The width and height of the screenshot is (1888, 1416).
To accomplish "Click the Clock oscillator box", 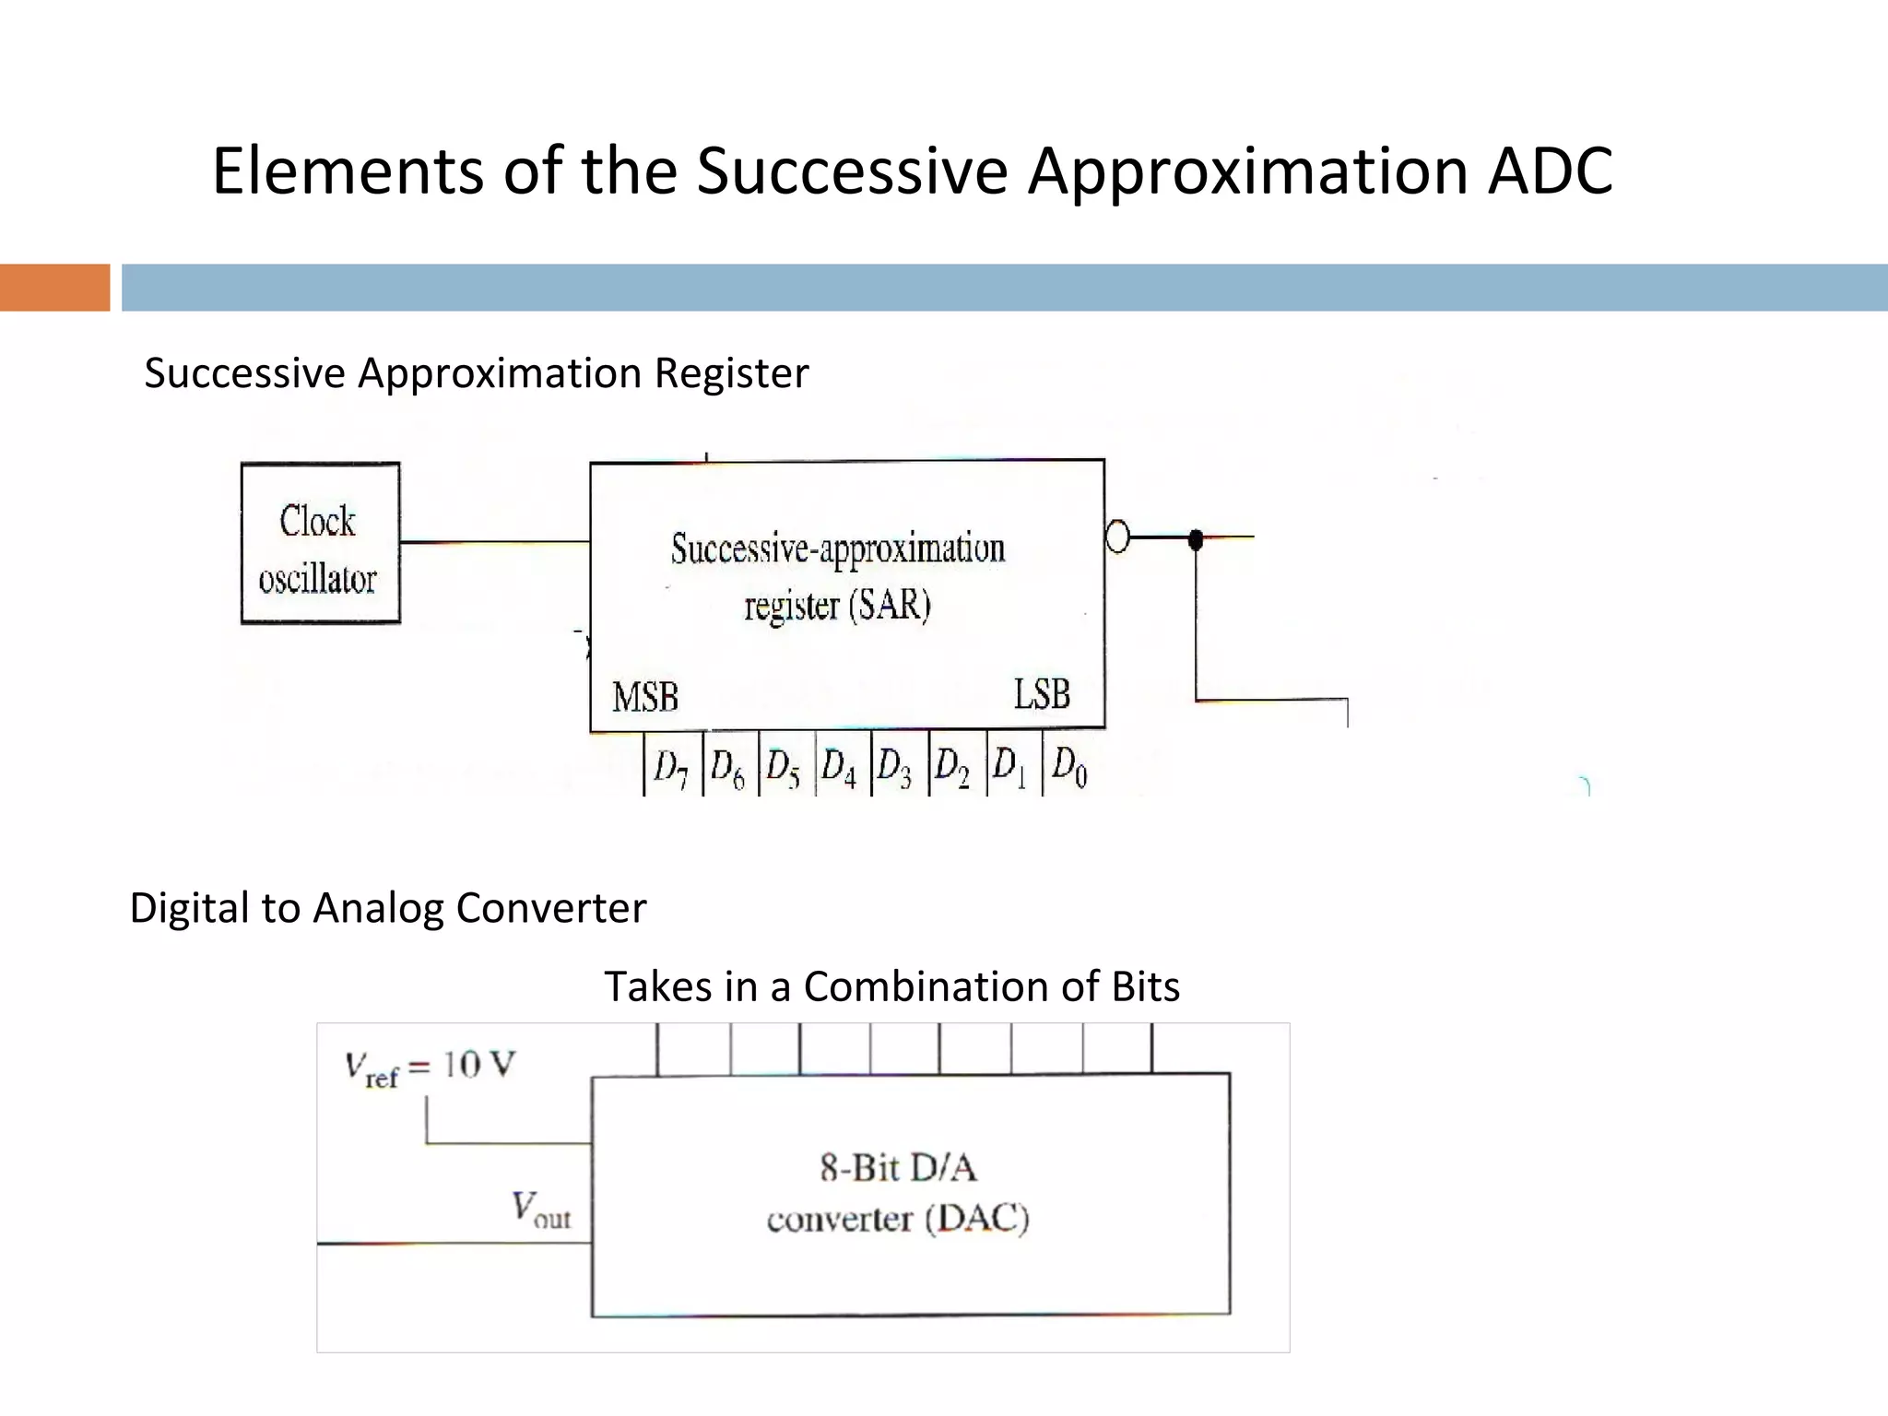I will pyautogui.click(x=320, y=544).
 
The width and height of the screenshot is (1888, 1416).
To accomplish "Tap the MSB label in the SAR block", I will pyautogui.click(x=645, y=697).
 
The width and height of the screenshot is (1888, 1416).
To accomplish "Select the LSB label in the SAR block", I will pyautogui.click(x=1042, y=694).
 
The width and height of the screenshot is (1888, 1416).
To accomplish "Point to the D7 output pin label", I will pyautogui.click(x=671, y=767).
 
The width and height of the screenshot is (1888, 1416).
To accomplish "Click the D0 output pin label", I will pyautogui.click(x=1069, y=767).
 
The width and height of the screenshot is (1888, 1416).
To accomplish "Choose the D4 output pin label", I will pyautogui.click(x=839, y=767).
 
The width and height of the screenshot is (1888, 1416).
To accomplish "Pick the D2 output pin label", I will pyautogui.click(x=952, y=767).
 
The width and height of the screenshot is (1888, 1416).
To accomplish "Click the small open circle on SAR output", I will pyautogui.click(x=1117, y=537).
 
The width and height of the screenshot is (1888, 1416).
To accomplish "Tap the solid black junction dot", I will pyautogui.click(x=1196, y=538).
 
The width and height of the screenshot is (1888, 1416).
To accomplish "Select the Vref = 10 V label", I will pyautogui.click(x=430, y=1068).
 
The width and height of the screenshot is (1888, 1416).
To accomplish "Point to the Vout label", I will pyautogui.click(x=541, y=1209).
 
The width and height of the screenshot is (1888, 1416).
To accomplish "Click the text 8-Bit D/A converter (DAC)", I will pyautogui.click(x=898, y=1193).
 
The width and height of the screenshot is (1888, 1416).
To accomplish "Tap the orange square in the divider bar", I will pyautogui.click(x=54, y=288).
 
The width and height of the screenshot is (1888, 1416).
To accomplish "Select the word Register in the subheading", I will pyautogui.click(x=731, y=373).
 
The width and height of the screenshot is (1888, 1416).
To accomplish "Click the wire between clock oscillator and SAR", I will pyautogui.click(x=495, y=542).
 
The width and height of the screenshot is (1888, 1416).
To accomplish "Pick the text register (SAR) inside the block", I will pyautogui.click(x=837, y=606).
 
